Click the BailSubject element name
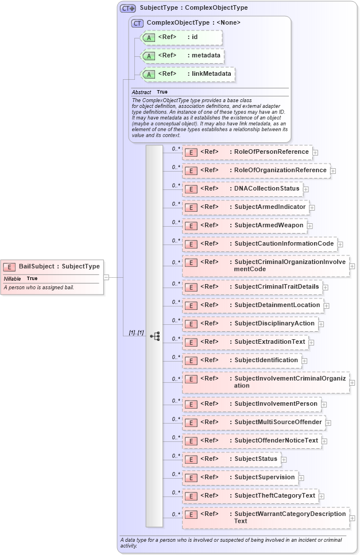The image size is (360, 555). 59,266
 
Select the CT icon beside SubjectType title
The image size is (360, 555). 127,8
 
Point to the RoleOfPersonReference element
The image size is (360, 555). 271,152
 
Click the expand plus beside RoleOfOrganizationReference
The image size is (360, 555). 333,170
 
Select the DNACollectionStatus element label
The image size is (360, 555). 266,188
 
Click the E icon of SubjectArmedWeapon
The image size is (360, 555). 191,226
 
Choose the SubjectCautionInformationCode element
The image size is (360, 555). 284,243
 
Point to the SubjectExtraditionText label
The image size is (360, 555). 269,341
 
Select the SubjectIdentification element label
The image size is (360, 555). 266,360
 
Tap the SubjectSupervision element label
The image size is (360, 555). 264,477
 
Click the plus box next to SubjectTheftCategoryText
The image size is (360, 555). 322,496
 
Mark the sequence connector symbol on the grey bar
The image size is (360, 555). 154,336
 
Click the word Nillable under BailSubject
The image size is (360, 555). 13,278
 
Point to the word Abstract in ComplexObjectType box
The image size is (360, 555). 141,92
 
